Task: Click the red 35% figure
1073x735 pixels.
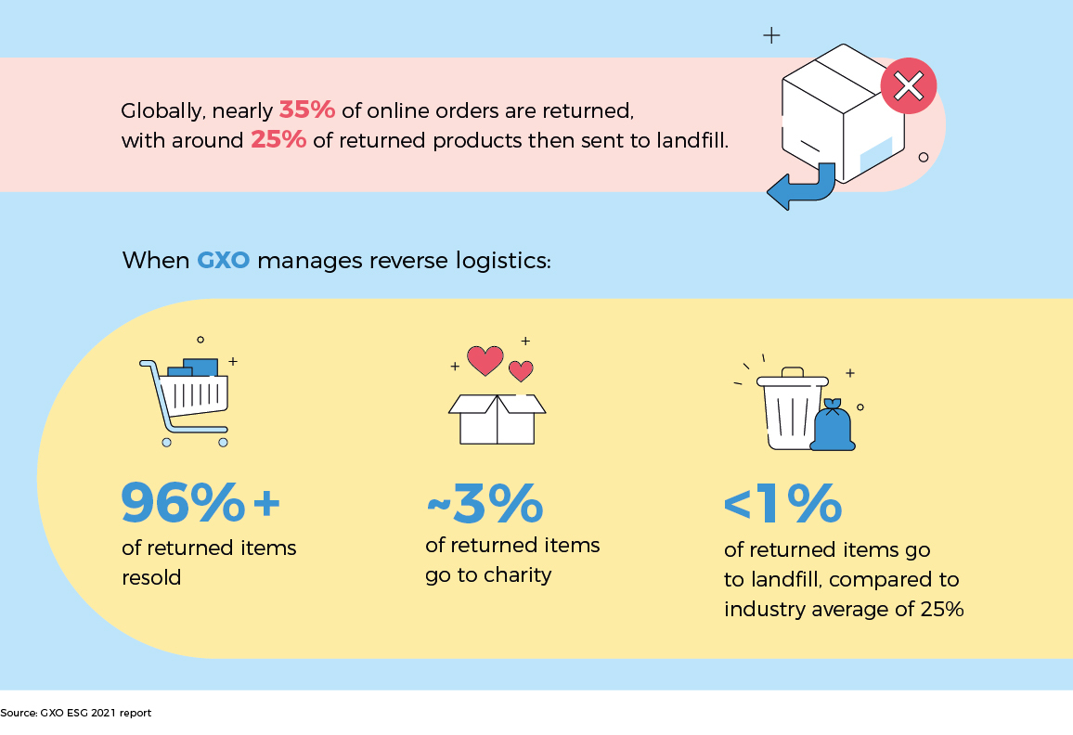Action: point(306,110)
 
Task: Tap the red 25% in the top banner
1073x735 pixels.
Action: point(278,141)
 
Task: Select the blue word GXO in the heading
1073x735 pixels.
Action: point(223,261)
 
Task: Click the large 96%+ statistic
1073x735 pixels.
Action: point(200,503)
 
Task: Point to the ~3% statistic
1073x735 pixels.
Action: point(485,504)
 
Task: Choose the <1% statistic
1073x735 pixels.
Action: point(782,504)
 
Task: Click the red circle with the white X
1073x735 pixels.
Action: point(908,86)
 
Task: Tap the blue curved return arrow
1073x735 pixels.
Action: point(799,188)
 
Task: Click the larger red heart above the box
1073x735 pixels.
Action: point(485,360)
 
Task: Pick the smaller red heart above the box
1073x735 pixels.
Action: point(522,371)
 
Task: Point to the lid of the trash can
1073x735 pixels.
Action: point(792,378)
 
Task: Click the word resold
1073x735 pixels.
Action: point(151,577)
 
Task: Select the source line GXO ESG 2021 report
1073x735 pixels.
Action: point(76,713)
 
